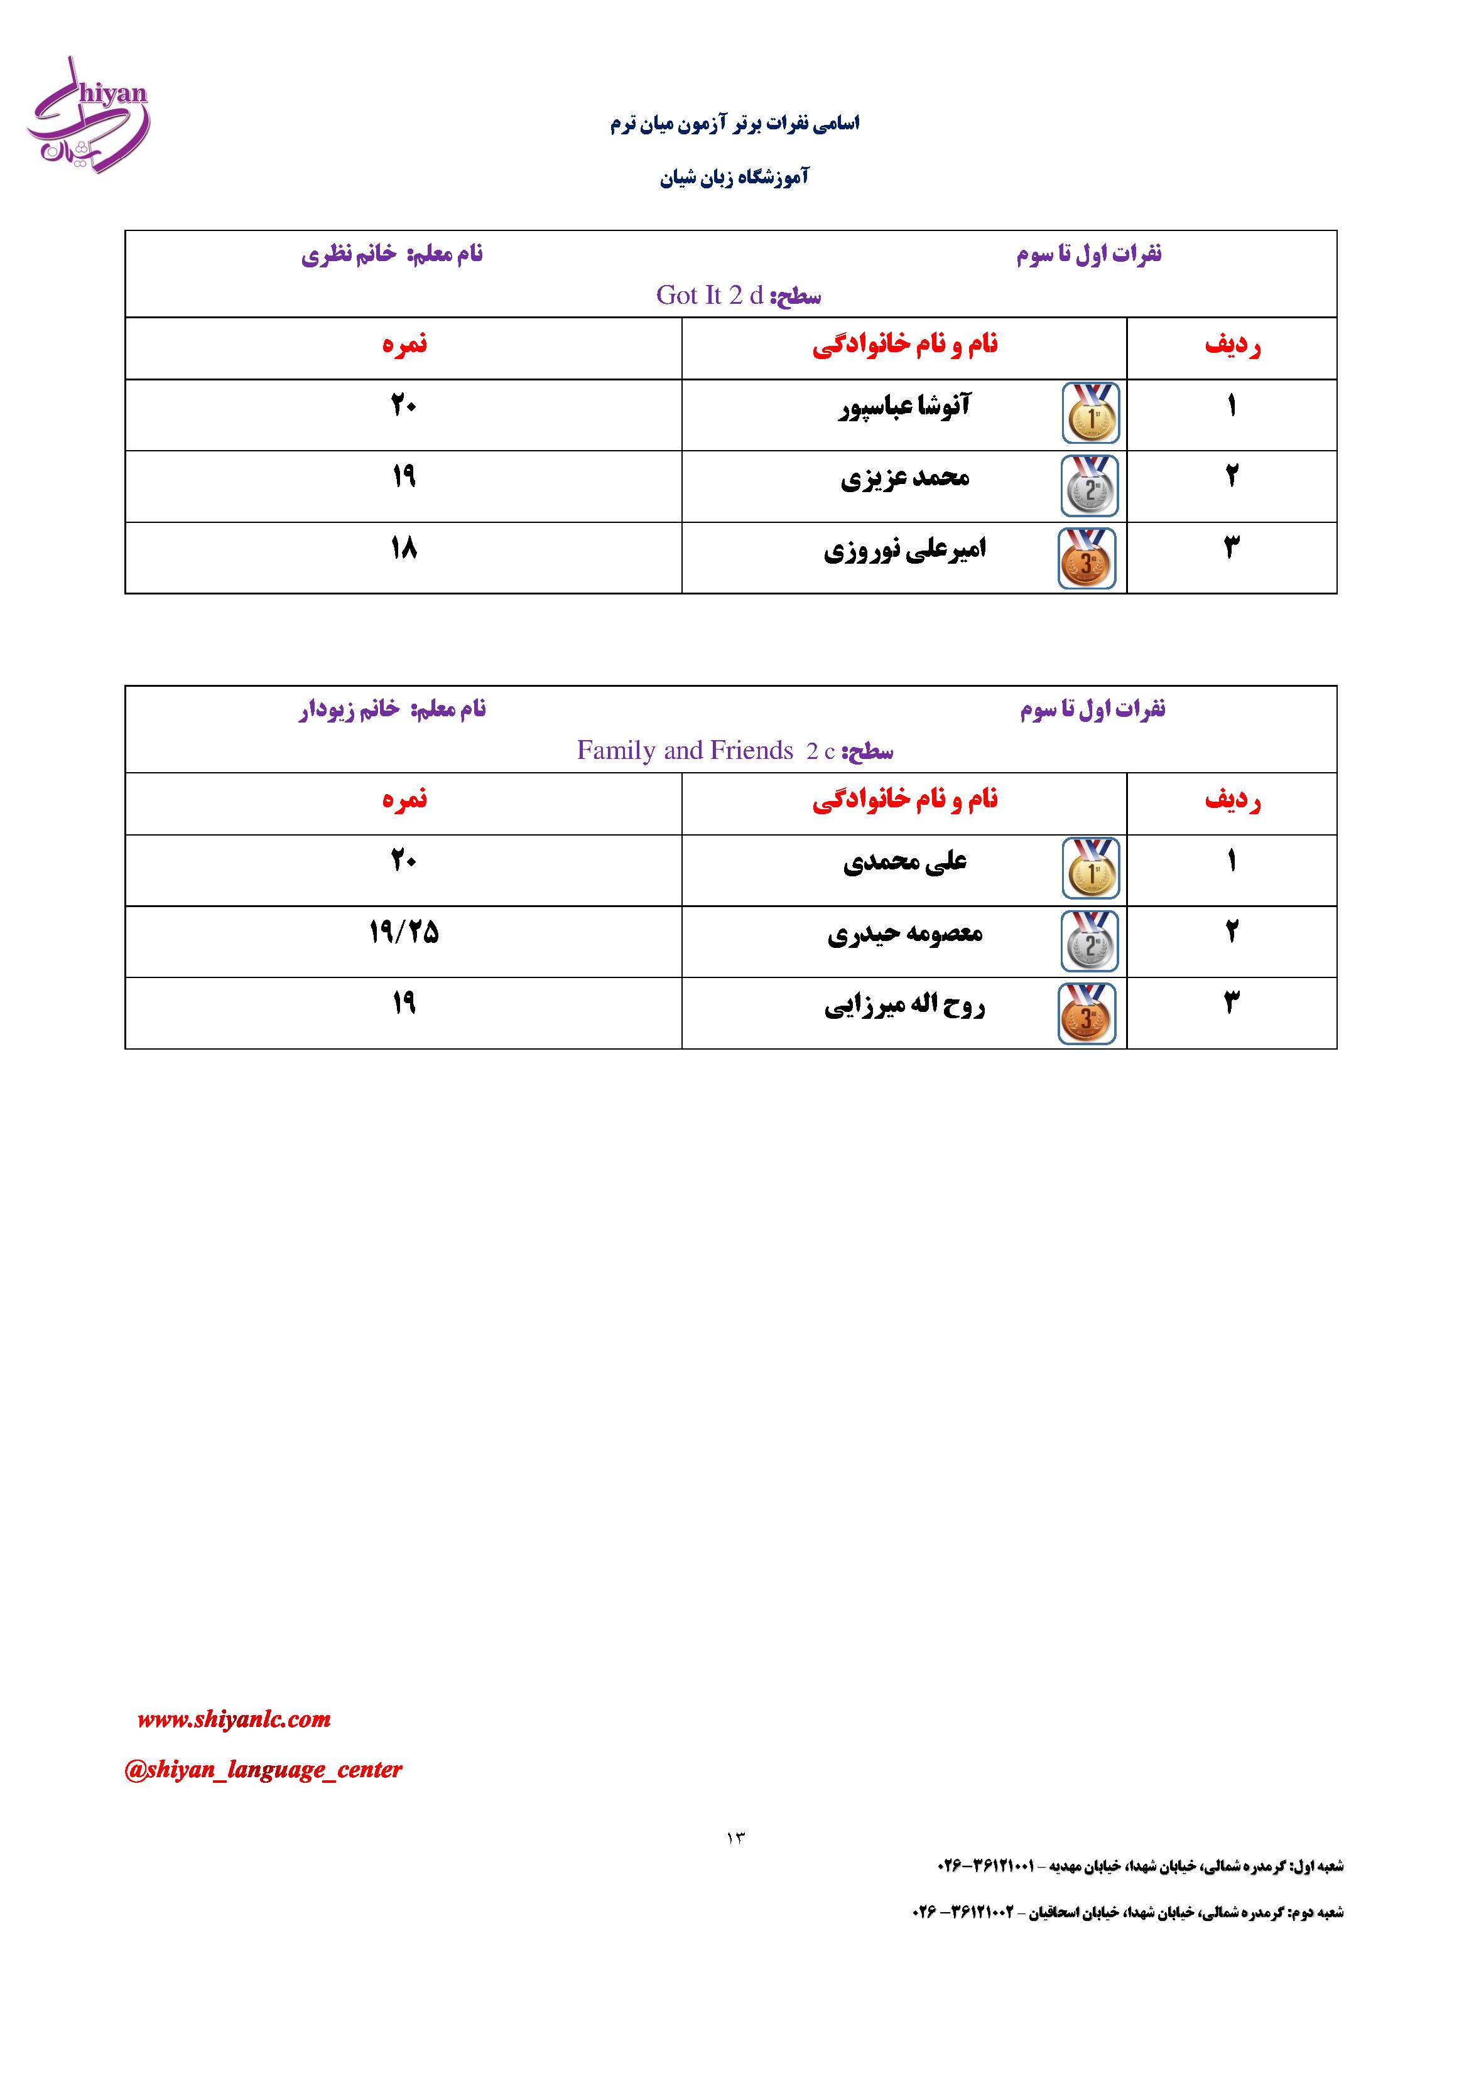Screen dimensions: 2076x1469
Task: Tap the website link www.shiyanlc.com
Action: pyautogui.click(x=234, y=1719)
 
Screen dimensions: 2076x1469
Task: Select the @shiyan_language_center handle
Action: pyautogui.click(x=263, y=1770)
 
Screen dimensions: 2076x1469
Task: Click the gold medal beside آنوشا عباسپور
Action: pyautogui.click(x=1091, y=413)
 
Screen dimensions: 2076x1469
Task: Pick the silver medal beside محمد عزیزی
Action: pyautogui.click(x=1090, y=485)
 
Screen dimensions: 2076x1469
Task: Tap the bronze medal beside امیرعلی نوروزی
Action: pyautogui.click(x=1087, y=559)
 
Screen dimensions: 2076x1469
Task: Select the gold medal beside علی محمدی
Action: pyautogui.click(x=1091, y=869)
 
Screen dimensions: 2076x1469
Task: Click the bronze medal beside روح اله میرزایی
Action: pyautogui.click(x=1087, y=1014)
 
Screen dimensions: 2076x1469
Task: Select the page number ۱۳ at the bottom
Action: pyautogui.click(x=735, y=1838)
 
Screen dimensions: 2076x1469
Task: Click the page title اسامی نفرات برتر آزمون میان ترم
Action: pyautogui.click(x=735, y=124)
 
